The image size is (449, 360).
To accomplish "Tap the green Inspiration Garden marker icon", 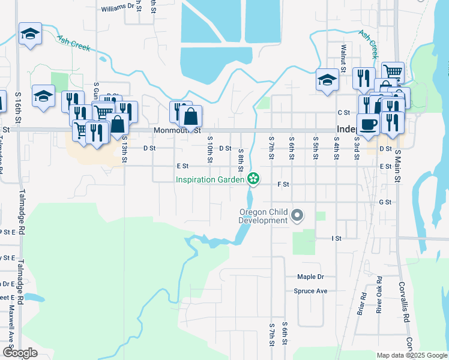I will click(253, 178).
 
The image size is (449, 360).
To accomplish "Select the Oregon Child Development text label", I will click(264, 216).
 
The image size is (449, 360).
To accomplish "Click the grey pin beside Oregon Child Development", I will click(297, 215).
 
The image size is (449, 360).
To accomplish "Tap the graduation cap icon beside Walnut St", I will click(327, 80).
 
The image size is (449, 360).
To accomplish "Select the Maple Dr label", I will click(310, 277).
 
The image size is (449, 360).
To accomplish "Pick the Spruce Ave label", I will click(310, 291).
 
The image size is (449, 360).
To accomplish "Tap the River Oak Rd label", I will click(379, 295).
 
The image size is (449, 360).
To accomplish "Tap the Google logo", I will click(20, 353).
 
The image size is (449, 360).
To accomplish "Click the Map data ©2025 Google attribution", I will click(412, 355).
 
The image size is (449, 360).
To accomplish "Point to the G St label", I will click(385, 202).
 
